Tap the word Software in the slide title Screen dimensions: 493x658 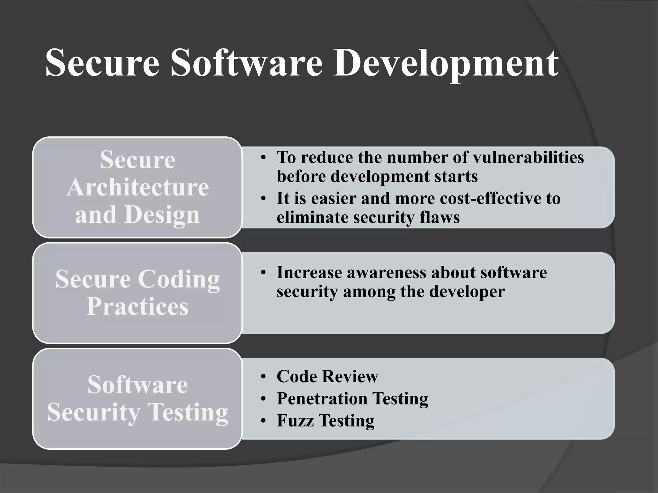[246, 63]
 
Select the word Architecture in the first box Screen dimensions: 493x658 [138, 187]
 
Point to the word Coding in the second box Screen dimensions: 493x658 [179, 280]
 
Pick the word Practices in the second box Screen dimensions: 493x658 [138, 307]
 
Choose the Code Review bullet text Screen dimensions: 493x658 [327, 376]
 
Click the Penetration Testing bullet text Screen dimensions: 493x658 [352, 399]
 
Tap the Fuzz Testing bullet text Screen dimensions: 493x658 [325, 421]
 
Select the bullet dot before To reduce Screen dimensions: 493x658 [263, 158]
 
